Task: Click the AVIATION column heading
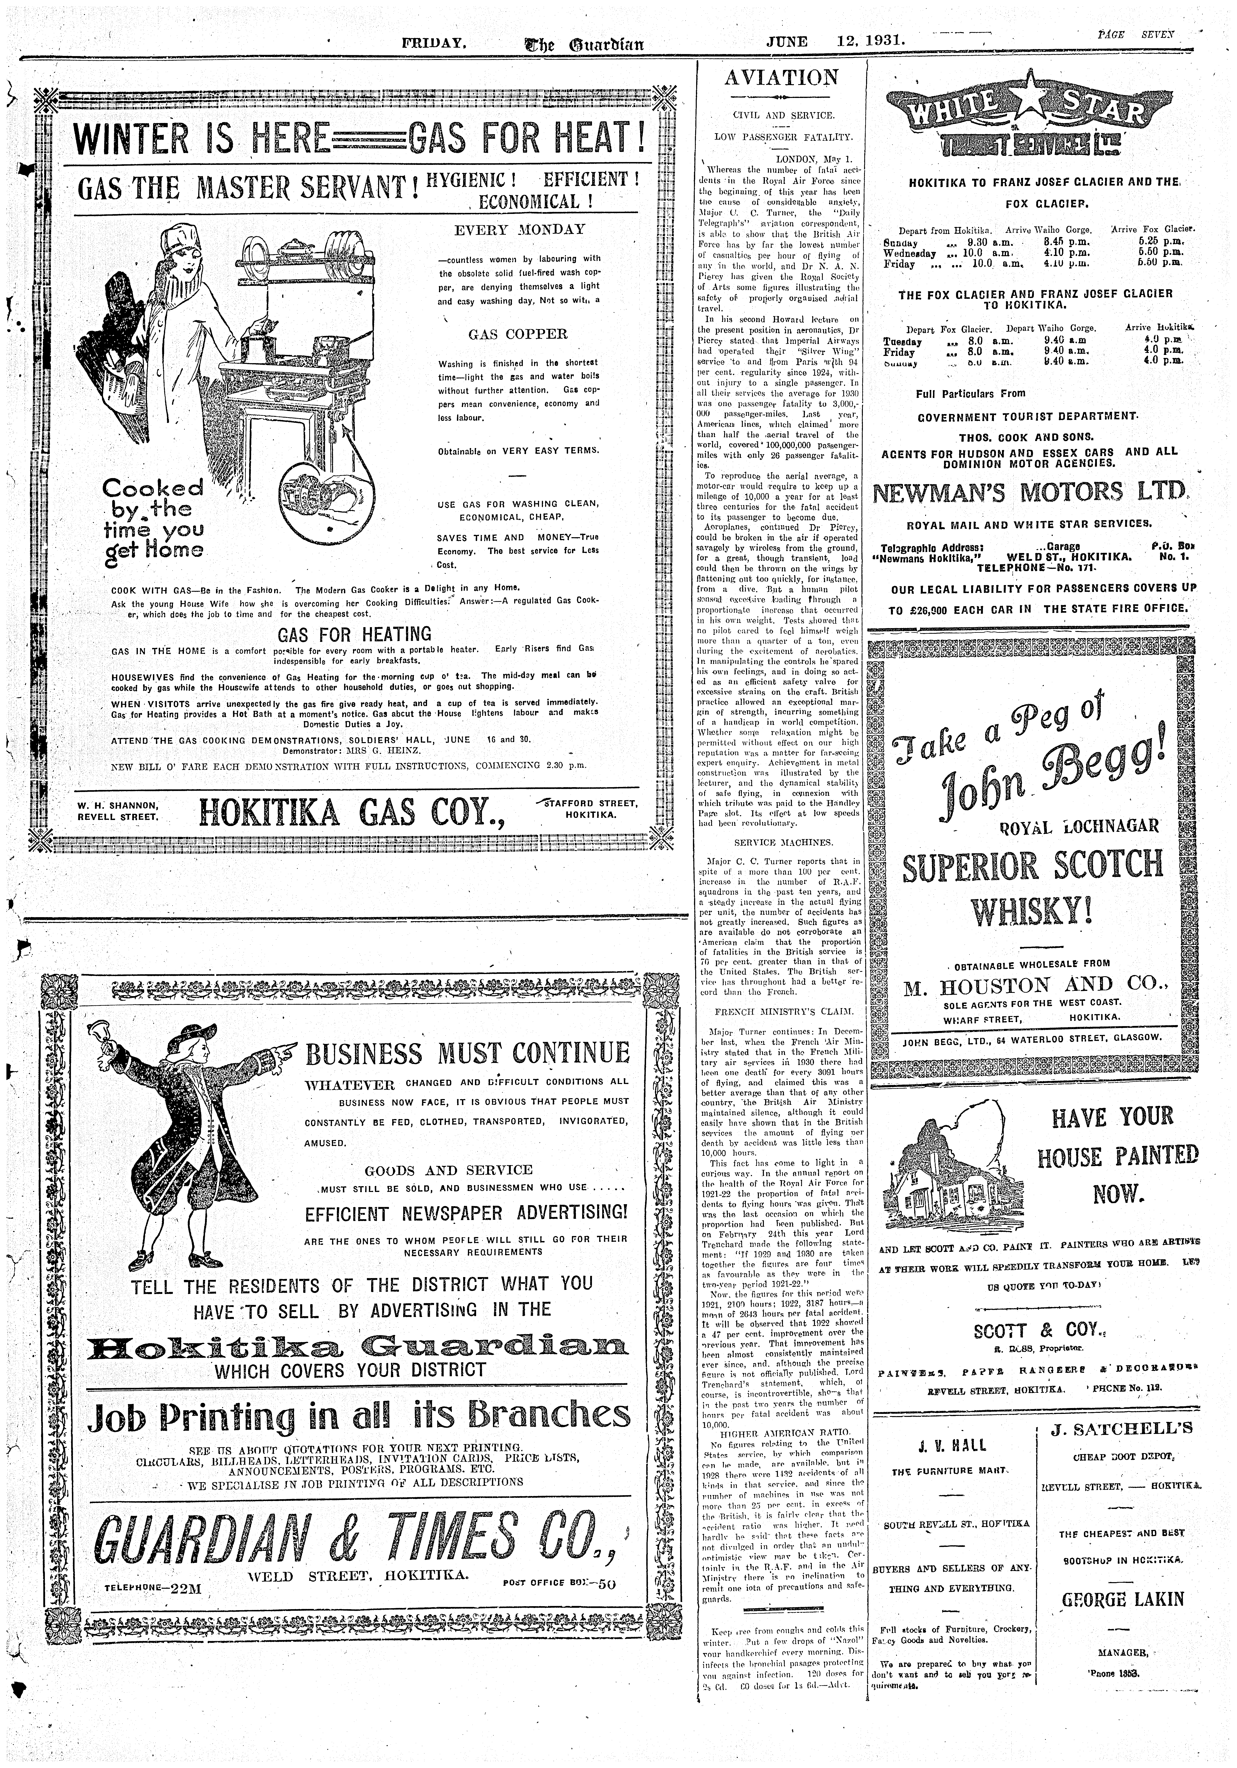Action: click(781, 78)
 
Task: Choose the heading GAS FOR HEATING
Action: click(354, 635)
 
